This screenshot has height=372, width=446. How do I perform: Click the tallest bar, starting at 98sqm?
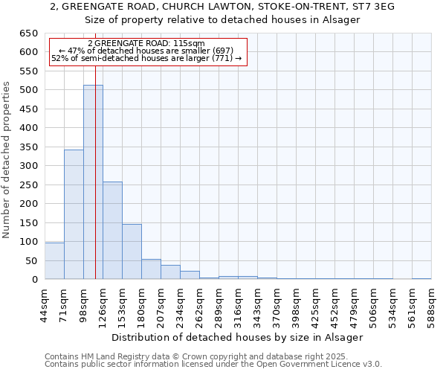[93, 182]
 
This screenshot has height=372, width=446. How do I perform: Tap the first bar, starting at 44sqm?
[54, 260]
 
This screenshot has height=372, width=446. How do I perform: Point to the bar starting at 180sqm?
[151, 269]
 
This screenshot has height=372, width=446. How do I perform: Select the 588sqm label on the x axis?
[431, 304]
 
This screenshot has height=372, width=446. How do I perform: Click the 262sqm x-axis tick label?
[199, 304]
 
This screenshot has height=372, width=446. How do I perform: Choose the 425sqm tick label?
[315, 304]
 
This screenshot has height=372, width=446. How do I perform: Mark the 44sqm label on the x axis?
[45, 304]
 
